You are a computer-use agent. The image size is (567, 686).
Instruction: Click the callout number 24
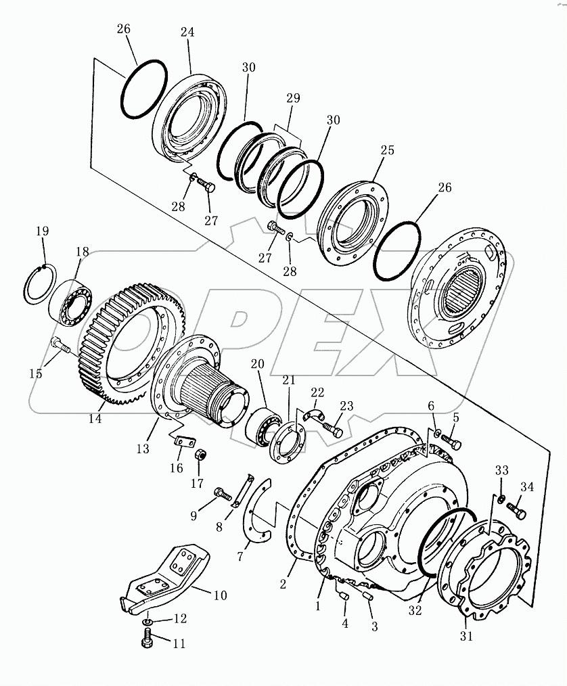tap(187, 32)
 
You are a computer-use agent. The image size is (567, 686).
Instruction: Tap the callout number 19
tap(43, 231)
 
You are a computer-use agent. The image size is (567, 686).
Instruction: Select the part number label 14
tap(95, 419)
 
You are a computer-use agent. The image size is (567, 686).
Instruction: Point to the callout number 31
tap(467, 636)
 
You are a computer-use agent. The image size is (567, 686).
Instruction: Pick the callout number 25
tap(386, 150)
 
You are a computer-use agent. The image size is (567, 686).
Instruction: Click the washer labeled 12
tap(148, 620)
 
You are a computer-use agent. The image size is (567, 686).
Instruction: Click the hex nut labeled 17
tap(200, 455)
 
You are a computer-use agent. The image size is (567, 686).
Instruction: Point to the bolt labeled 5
tap(450, 442)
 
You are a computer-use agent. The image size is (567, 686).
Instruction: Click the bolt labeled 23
tap(332, 429)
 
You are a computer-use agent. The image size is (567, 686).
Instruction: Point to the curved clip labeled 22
tap(313, 415)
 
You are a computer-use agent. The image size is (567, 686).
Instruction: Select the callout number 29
tap(293, 98)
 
